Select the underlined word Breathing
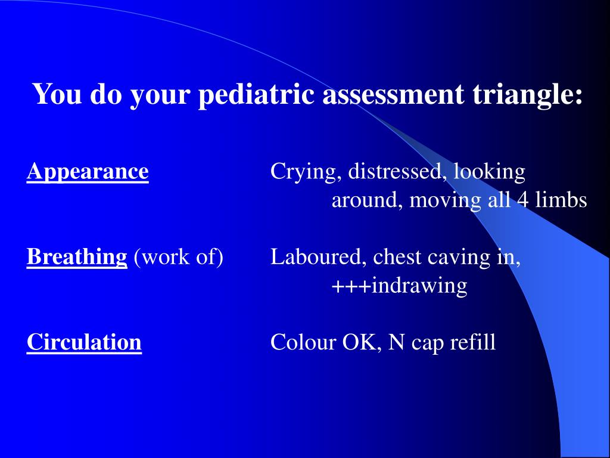click(x=77, y=258)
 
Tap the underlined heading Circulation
click(x=84, y=343)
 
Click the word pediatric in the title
click(x=257, y=95)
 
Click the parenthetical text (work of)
click(x=178, y=258)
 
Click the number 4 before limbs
click(x=522, y=200)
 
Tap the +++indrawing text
click(x=399, y=286)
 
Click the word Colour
click(x=303, y=343)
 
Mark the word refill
click(x=474, y=343)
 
